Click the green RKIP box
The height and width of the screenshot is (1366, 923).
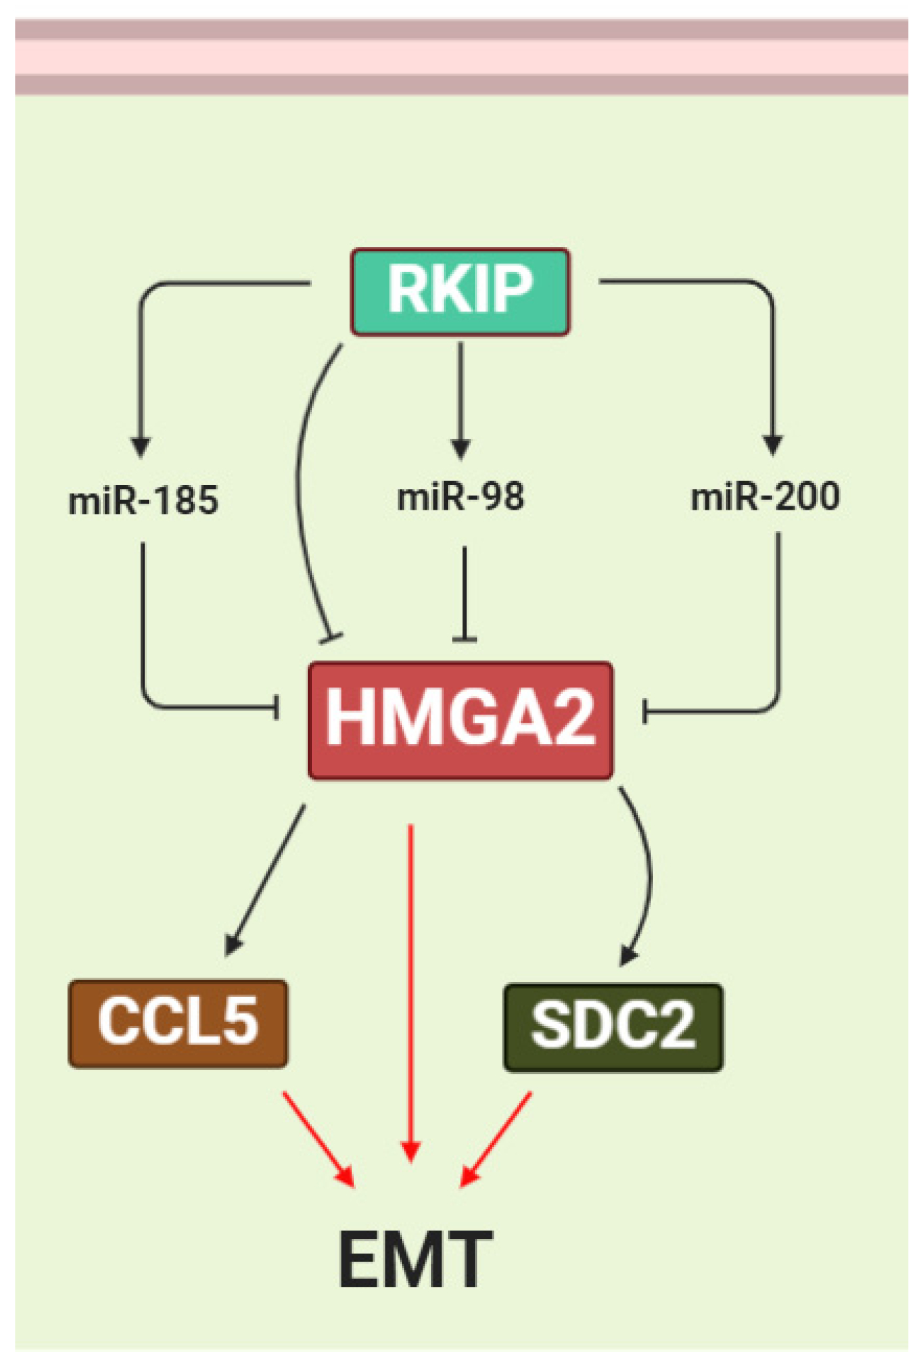pyautogui.click(x=460, y=291)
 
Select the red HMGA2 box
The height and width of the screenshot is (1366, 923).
pyautogui.click(x=460, y=720)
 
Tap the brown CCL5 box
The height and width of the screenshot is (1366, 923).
pyautogui.click(x=178, y=1023)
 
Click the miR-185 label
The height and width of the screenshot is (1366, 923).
pyautogui.click(x=143, y=500)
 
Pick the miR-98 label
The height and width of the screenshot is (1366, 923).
pyautogui.click(x=461, y=497)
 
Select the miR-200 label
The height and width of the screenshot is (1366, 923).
pyautogui.click(x=765, y=496)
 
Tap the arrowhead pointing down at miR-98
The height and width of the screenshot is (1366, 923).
pyautogui.click(x=461, y=448)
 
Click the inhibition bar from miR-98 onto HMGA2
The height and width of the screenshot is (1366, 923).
pyautogui.click(x=464, y=639)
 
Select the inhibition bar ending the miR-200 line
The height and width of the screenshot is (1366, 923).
pyautogui.click(x=644, y=711)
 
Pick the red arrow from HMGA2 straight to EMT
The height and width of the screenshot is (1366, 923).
pyautogui.click(x=411, y=998)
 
